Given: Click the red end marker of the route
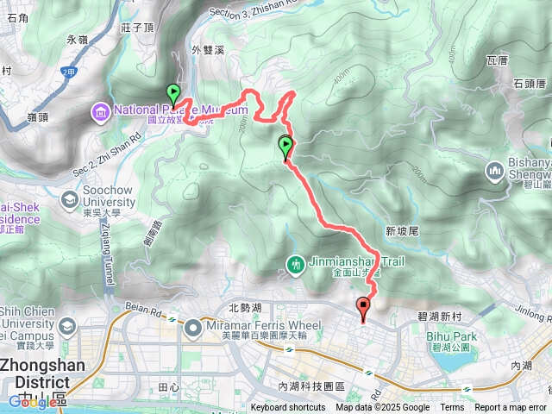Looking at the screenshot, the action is point(363,305).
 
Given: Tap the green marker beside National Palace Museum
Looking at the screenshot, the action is point(172,92).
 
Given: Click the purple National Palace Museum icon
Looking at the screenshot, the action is point(101,110).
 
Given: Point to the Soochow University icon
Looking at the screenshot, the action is point(68,199).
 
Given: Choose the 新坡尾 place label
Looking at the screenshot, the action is point(402,231).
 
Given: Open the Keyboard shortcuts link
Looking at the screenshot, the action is point(288,408).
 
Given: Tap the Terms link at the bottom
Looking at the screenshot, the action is point(452,408).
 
